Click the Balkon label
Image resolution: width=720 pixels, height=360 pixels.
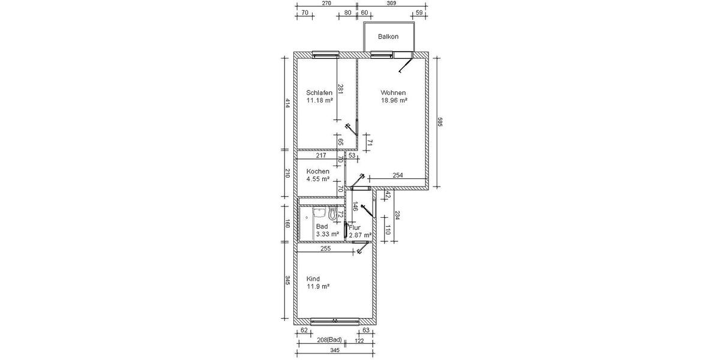(388, 37)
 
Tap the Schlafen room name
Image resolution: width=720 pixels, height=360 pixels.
(319, 93)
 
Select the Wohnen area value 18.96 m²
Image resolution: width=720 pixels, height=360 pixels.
(394, 101)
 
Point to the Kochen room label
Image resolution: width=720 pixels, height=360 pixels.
(317, 172)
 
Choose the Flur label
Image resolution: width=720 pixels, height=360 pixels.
(355, 228)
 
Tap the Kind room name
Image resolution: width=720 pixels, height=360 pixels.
(313, 279)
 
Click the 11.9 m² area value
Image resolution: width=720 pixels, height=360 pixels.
(318, 287)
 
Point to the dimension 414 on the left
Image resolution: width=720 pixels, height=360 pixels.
(287, 103)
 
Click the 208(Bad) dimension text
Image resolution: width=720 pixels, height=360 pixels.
(329, 340)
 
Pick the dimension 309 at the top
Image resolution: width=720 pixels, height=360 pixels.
(391, 4)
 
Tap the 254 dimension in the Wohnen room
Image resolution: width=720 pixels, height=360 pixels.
(397, 175)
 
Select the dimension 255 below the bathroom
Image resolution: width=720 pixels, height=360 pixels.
(325, 248)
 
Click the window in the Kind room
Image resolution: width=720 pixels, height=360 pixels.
(335, 319)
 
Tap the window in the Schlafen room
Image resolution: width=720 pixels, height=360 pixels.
(325, 55)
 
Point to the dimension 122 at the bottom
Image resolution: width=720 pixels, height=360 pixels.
(359, 340)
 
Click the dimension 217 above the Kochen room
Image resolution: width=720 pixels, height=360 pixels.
(321, 156)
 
